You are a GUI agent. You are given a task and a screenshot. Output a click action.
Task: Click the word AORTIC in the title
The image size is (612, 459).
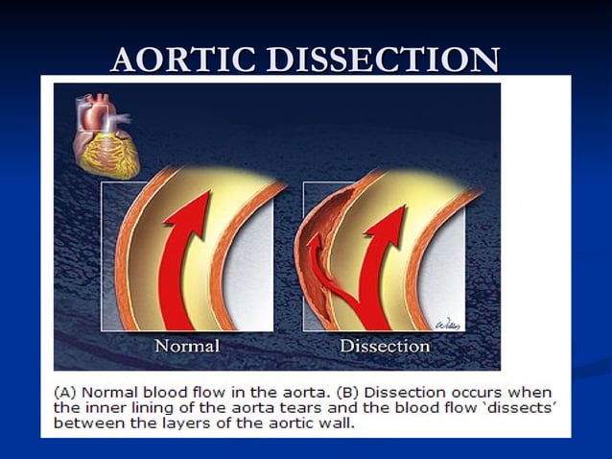183,60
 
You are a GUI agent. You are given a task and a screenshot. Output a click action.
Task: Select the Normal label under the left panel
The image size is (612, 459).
188,345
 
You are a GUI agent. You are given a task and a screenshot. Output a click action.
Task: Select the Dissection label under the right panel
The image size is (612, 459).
385,345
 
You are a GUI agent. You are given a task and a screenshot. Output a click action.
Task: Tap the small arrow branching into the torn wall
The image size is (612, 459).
314,248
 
